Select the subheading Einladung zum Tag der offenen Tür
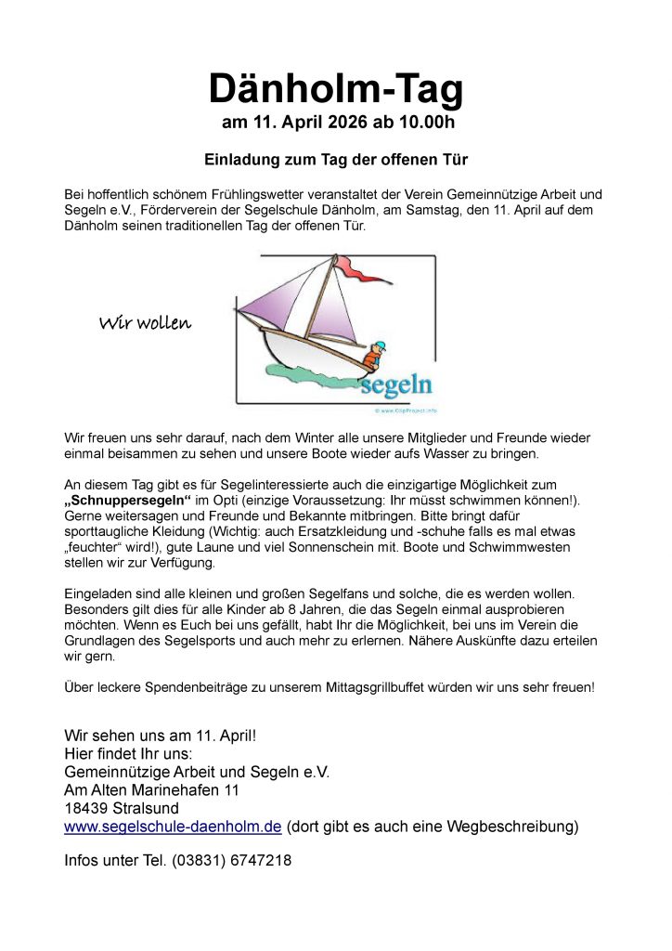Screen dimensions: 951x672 335,160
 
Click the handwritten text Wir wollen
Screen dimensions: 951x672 145,323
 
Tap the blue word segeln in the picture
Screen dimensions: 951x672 396,384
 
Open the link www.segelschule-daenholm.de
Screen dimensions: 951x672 173,827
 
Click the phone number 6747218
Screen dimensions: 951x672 257,861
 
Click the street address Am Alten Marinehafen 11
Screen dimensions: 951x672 151,789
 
